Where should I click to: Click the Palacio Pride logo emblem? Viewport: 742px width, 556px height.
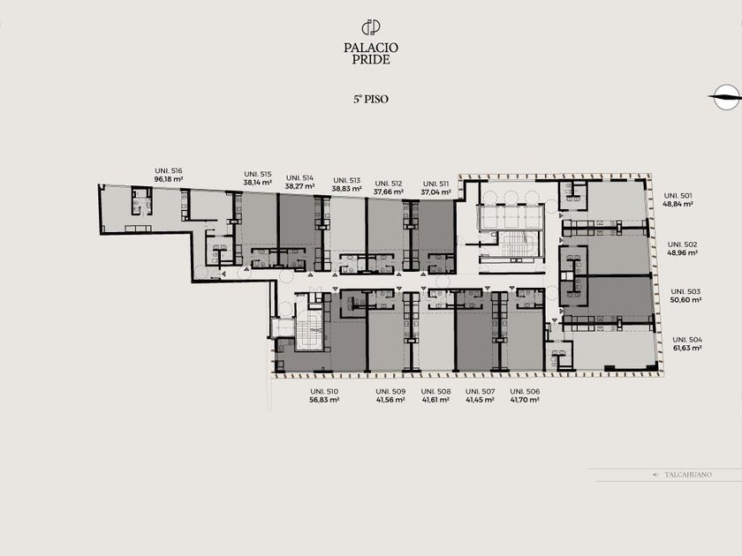(x=371, y=27)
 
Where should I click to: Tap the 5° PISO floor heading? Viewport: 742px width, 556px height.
(x=371, y=99)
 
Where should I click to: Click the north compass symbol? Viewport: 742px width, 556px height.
(x=726, y=97)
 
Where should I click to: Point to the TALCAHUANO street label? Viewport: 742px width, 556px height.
(x=687, y=475)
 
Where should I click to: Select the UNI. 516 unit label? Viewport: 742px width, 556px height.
(x=169, y=171)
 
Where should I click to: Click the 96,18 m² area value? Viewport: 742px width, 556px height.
(x=169, y=180)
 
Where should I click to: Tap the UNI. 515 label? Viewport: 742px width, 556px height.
(x=258, y=174)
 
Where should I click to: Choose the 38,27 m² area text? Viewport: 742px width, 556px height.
(x=300, y=186)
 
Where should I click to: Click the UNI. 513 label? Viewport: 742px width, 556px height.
(x=347, y=181)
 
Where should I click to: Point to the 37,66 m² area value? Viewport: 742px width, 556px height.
(x=389, y=192)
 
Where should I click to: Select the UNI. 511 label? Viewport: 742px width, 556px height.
(x=435, y=184)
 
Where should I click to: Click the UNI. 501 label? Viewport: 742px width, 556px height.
(x=678, y=196)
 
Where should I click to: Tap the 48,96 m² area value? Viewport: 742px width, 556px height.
(x=682, y=253)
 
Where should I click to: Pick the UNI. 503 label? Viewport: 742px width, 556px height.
(x=685, y=292)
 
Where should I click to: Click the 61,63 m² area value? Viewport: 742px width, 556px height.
(x=687, y=348)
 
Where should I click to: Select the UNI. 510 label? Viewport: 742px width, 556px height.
(x=324, y=392)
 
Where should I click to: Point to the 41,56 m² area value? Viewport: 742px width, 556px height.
(x=390, y=400)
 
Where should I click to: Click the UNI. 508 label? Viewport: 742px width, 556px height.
(x=435, y=392)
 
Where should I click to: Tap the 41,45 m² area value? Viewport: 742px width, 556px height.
(x=481, y=400)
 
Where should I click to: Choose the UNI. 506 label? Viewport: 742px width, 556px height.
(x=525, y=392)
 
